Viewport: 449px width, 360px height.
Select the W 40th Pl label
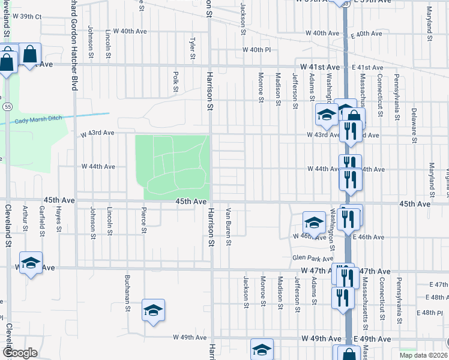click(257, 50)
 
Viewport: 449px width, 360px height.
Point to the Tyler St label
click(193, 49)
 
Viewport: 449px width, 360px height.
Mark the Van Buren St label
click(229, 221)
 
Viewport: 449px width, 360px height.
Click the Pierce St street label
click(143, 220)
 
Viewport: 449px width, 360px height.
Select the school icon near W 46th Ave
click(313, 222)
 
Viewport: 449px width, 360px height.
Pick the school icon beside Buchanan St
click(154, 310)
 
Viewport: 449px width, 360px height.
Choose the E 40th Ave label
click(366, 34)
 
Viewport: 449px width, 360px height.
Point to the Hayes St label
click(59, 220)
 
